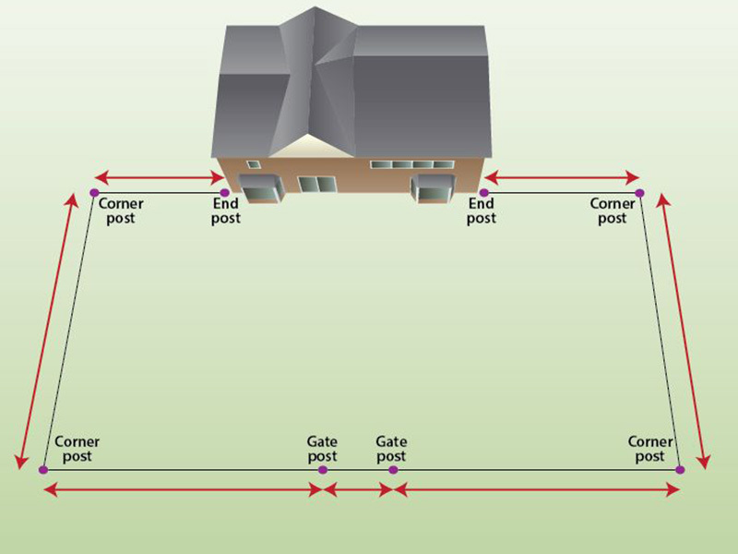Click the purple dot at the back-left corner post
tap(94, 192)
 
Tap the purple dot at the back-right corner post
tap(639, 192)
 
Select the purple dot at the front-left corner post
tap(43, 470)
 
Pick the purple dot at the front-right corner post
tap(680, 470)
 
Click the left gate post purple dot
tap(322, 470)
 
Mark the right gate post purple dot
tap(393, 470)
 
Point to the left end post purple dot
tap(224, 192)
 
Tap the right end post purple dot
tap(483, 192)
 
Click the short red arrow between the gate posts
tap(357, 489)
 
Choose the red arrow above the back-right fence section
tap(561, 175)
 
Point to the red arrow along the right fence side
tap(684, 328)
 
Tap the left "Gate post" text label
tap(322, 450)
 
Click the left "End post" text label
tap(226, 211)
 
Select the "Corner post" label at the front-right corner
tap(650, 450)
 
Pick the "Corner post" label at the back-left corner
tap(121, 211)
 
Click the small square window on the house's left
tap(253, 164)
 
